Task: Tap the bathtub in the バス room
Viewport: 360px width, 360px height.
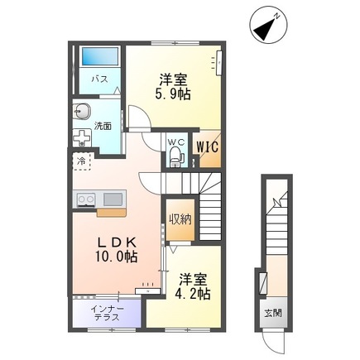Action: tap(100, 59)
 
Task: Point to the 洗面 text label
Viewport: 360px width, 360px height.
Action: tap(103, 127)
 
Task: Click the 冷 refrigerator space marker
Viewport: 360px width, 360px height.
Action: tap(82, 161)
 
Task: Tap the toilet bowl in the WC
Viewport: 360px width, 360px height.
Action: tap(175, 157)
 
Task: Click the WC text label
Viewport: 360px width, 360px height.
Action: tap(175, 141)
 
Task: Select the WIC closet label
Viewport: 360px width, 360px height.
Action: tap(206, 147)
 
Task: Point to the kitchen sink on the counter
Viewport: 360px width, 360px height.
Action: tap(111, 199)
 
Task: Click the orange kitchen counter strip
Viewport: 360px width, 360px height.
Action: tap(110, 212)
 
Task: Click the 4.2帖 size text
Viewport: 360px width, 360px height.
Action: tap(193, 293)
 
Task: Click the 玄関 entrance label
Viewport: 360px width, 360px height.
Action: tap(273, 314)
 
